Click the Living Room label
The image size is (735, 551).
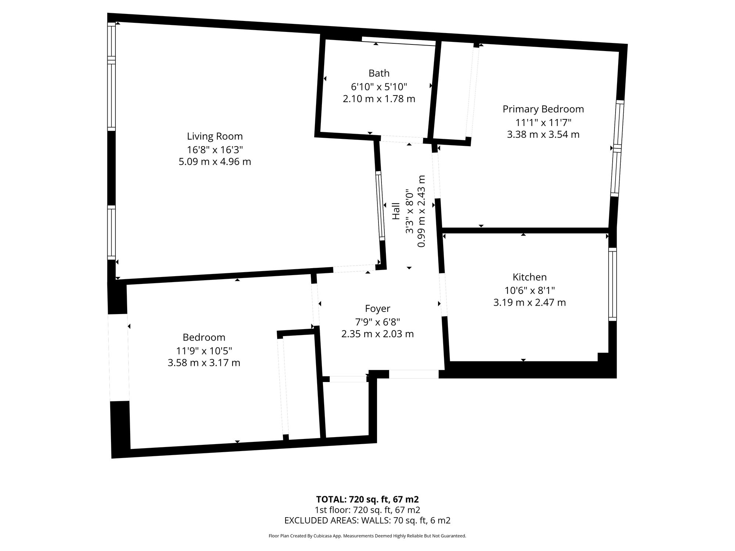point(215,136)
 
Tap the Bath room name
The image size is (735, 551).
point(379,73)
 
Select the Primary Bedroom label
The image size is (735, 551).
point(543,109)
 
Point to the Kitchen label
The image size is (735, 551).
point(530,277)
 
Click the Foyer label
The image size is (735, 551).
point(377,309)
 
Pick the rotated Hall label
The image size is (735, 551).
point(396,211)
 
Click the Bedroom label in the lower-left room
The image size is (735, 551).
point(204,337)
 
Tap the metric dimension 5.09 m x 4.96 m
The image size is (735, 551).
point(215,162)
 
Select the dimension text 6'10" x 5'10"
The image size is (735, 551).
point(379,87)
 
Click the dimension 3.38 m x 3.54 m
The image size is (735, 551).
point(543,134)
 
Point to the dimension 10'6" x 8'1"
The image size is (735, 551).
point(530,291)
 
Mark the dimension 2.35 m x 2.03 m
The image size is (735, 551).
point(377,334)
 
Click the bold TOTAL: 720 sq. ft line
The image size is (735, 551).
point(367,500)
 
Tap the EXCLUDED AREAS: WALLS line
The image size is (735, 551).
point(367,521)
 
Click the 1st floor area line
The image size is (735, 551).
point(367,510)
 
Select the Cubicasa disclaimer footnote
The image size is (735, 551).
point(367,536)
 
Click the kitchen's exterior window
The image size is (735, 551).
point(612,284)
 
